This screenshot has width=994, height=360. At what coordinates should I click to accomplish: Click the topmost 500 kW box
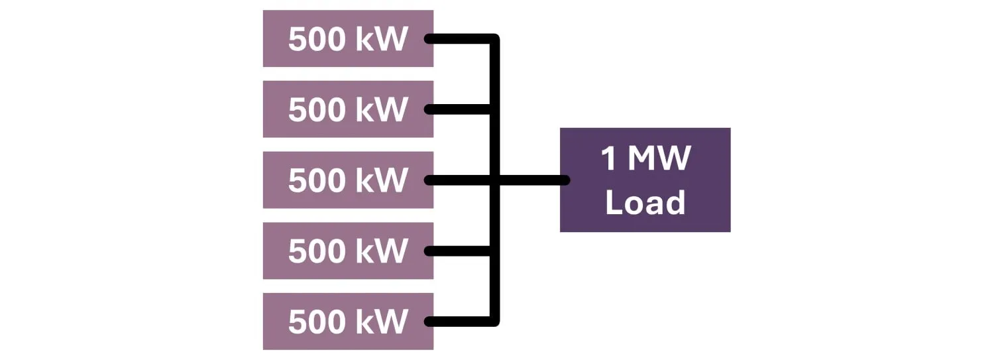(348, 38)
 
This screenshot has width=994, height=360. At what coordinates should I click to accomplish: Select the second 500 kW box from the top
(348, 109)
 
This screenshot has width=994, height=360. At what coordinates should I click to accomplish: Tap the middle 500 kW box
(348, 180)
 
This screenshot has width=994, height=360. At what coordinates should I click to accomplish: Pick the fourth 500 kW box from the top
(348, 251)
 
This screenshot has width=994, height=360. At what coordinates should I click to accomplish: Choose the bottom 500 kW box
(348, 322)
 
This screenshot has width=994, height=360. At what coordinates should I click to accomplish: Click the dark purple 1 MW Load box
(645, 180)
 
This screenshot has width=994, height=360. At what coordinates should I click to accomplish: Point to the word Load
(645, 202)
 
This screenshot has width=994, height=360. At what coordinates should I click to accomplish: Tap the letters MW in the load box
(659, 159)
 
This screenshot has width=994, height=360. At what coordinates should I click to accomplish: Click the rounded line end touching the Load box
(565, 180)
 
